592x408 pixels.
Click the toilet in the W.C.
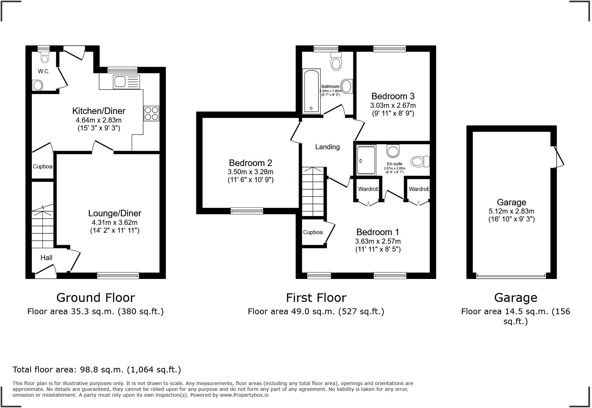(x=45, y=57)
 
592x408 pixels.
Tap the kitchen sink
(x=126, y=82)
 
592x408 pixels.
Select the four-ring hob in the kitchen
(x=151, y=113)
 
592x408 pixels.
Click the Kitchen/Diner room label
(x=99, y=111)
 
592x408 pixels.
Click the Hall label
(x=46, y=258)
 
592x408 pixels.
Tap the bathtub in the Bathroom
(x=311, y=91)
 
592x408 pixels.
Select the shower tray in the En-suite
(x=366, y=160)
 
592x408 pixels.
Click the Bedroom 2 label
(x=250, y=163)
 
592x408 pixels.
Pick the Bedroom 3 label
(x=393, y=96)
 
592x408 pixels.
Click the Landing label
(x=328, y=147)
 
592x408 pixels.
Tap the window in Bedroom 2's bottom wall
(x=247, y=211)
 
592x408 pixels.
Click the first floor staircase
(x=313, y=192)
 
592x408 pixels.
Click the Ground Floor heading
(x=96, y=297)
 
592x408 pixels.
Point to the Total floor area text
(x=97, y=370)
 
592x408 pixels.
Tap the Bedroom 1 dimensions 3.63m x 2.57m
(x=378, y=241)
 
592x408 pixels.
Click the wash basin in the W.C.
(x=38, y=85)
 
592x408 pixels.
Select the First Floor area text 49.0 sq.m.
(x=316, y=311)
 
